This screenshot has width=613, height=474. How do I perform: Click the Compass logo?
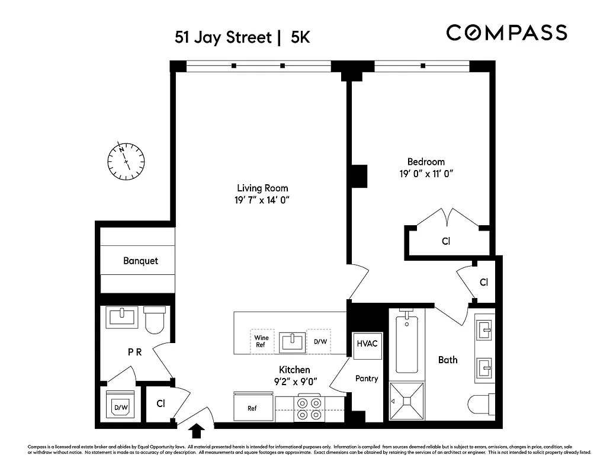point(506,33)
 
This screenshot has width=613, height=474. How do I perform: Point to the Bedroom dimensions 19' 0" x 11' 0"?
point(426,174)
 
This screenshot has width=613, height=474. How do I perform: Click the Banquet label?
point(141,261)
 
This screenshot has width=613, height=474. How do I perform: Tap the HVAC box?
point(367,342)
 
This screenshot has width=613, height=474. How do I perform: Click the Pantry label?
point(367,379)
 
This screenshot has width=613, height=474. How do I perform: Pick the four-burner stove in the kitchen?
point(309,409)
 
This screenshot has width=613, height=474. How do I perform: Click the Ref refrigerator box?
point(252,408)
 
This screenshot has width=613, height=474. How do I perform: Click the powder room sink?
point(122,317)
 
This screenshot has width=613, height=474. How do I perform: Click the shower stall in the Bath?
point(407,401)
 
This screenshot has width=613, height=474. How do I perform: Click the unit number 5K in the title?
point(300,37)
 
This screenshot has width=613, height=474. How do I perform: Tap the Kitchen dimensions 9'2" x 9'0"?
point(294,382)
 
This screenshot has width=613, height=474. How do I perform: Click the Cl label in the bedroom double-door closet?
point(446,242)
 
